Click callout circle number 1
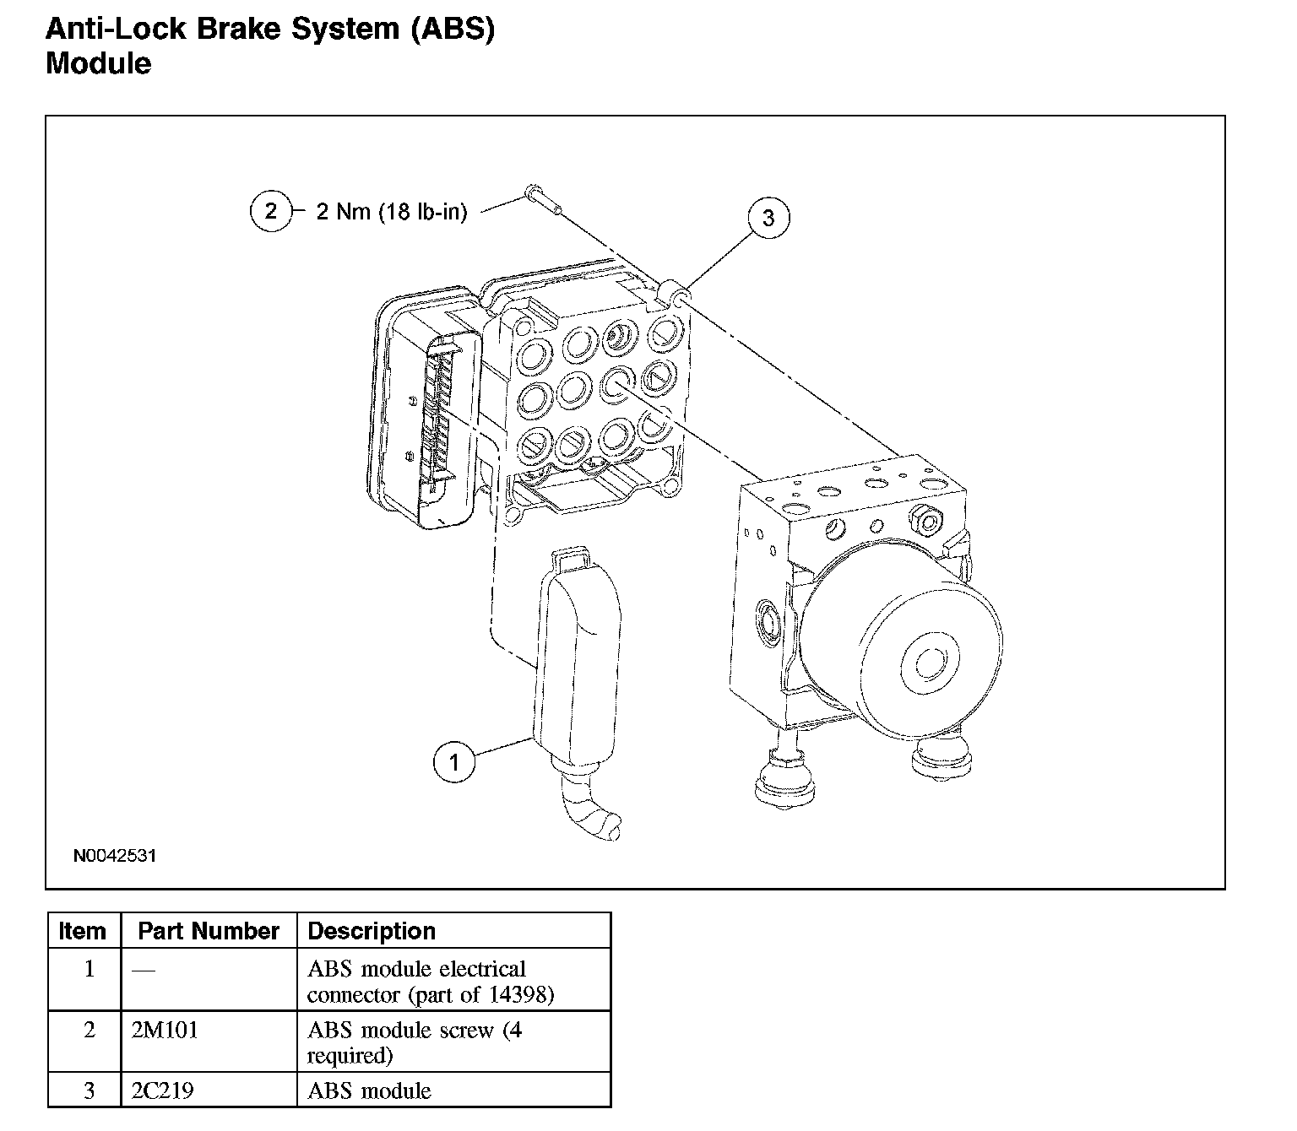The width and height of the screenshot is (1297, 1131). point(454,763)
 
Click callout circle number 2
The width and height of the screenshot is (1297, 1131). point(270,210)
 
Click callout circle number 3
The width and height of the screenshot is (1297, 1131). point(768,218)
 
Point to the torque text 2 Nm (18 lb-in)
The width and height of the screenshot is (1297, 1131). point(391,211)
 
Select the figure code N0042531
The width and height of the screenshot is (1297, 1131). point(115,856)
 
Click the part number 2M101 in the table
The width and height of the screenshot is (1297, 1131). point(165,1031)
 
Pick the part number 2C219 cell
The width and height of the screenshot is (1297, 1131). point(163,1090)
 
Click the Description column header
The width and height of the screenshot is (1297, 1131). point(372,931)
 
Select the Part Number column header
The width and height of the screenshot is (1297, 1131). point(208,931)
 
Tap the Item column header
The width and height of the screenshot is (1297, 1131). point(83,931)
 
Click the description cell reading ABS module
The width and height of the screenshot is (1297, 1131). point(369,1090)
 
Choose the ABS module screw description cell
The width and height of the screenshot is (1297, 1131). point(414,1042)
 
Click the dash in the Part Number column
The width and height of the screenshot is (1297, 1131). point(144,971)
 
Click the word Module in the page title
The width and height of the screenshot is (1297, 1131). point(99,63)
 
